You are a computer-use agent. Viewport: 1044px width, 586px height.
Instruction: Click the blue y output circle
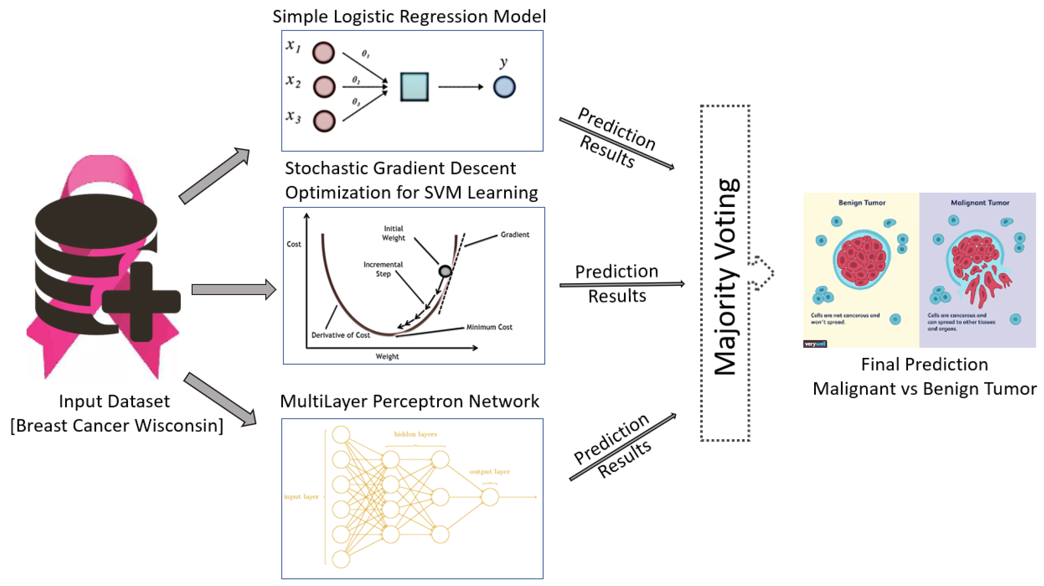(x=504, y=87)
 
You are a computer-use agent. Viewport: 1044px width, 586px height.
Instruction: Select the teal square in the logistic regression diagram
(x=414, y=87)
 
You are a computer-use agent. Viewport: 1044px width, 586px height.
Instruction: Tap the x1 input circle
(x=323, y=53)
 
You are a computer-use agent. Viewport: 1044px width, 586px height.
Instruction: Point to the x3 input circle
(x=324, y=121)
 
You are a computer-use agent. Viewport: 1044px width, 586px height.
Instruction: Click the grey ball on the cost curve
(x=445, y=271)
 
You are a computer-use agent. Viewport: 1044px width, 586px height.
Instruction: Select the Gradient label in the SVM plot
(x=515, y=234)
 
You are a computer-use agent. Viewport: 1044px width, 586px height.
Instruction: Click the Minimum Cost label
(x=489, y=327)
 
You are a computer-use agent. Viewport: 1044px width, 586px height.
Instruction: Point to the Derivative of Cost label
(x=341, y=335)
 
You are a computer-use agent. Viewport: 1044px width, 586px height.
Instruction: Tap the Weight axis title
(x=387, y=356)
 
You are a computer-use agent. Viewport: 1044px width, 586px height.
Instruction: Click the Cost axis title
(x=294, y=244)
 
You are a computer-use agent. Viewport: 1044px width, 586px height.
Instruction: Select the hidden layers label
(x=416, y=434)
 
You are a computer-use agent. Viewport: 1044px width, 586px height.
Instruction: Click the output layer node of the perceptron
(x=490, y=497)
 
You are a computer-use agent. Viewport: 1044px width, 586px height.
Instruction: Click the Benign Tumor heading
(x=862, y=203)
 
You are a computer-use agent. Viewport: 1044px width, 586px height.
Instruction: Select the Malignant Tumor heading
(x=980, y=203)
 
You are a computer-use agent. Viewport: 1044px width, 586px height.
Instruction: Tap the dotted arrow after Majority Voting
(x=762, y=273)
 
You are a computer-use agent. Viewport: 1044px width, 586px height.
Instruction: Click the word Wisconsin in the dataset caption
(x=179, y=426)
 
